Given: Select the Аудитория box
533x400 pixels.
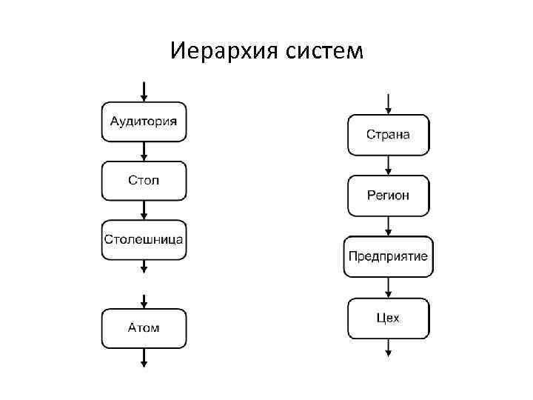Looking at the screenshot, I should (144, 121).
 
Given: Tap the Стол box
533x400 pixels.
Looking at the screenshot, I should (144, 181).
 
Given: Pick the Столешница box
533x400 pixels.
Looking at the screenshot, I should (144, 239).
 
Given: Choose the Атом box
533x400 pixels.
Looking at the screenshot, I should (144, 328).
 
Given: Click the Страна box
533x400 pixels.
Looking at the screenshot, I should (388, 135).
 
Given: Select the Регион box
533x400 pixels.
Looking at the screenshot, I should (388, 196).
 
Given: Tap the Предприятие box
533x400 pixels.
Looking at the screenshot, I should (388, 256).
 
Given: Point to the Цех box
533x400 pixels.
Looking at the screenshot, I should (388, 318).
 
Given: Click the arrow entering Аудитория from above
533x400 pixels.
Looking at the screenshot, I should (144, 91).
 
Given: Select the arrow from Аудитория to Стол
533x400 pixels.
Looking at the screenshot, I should (144, 151).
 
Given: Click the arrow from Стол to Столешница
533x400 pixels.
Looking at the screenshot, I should (144, 210).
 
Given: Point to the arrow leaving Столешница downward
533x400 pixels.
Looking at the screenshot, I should (144, 266).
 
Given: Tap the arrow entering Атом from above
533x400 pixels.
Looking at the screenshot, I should (144, 301).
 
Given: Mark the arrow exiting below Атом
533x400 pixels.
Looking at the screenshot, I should (144, 357).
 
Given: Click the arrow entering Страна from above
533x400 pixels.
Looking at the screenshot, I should (388, 104).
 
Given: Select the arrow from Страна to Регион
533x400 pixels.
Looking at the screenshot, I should (388, 165).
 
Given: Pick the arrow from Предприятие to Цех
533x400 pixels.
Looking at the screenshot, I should (388, 287).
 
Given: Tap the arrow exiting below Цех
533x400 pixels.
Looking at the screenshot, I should (388, 348).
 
